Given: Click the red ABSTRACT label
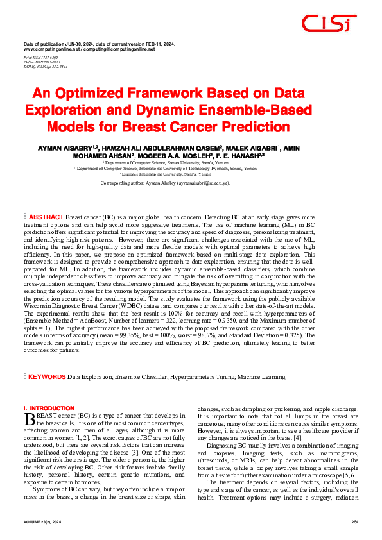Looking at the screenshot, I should (47, 217).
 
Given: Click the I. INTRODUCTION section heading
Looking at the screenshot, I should (49, 409).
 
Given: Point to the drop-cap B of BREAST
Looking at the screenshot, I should (28, 420).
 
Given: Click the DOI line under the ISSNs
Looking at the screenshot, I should (46, 67).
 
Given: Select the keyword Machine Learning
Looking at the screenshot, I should (261, 377).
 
